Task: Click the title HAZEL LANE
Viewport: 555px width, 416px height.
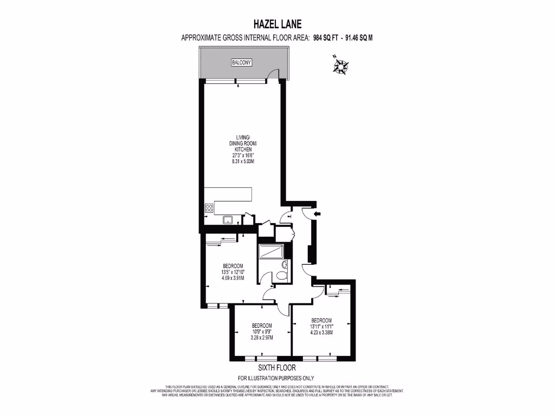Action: click(x=277, y=24)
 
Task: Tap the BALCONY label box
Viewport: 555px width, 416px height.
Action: click(x=242, y=63)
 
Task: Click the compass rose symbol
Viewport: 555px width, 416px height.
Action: click(x=341, y=66)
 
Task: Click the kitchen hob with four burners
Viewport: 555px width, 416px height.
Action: click(x=209, y=209)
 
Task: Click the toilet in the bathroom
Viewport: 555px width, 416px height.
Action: click(x=281, y=275)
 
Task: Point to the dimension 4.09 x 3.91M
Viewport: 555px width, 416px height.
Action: click(x=233, y=278)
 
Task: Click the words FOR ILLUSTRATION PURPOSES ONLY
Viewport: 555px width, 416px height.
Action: click(x=276, y=378)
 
